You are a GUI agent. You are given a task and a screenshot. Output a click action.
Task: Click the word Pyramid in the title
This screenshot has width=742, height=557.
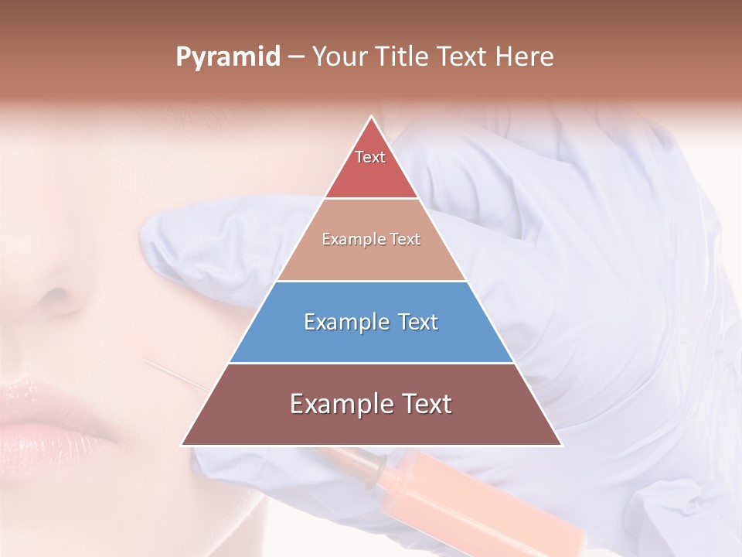pyautogui.click(x=227, y=57)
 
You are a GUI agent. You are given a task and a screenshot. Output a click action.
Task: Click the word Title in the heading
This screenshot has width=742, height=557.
pyautogui.click(x=403, y=56)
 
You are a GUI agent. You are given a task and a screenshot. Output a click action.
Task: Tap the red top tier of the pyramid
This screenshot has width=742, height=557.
pyautogui.click(x=371, y=166)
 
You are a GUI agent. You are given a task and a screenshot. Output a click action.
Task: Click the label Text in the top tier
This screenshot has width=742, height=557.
pyautogui.click(x=370, y=157)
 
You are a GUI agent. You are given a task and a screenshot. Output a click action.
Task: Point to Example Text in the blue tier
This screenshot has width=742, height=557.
pyautogui.click(x=371, y=322)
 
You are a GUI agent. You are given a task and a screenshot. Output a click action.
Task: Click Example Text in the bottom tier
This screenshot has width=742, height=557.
pyautogui.click(x=371, y=404)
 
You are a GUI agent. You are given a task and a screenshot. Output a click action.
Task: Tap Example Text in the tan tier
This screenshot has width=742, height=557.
pyautogui.click(x=371, y=239)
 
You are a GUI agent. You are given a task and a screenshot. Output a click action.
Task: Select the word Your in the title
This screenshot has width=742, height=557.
pyautogui.click(x=339, y=56)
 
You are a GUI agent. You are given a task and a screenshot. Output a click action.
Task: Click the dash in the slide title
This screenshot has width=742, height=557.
pyautogui.click(x=295, y=57)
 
